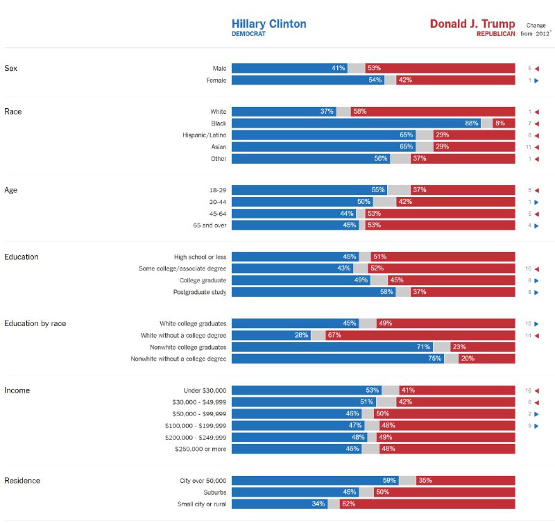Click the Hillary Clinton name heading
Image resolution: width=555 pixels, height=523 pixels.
tap(268, 24)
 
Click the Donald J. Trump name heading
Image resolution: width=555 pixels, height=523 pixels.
tap(472, 24)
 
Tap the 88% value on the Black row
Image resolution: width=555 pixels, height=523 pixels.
tap(472, 123)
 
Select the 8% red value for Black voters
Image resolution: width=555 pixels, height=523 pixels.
tap(499, 123)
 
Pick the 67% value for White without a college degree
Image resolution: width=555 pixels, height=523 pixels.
tap(334, 335)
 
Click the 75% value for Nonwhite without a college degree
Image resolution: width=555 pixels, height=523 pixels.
tap(435, 359)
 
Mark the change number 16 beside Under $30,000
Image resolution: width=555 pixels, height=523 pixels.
tap(528, 391)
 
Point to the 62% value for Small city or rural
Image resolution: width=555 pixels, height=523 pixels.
tap(348, 504)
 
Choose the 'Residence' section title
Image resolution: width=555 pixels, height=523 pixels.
tap(22, 481)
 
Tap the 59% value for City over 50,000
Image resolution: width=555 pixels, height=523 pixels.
tap(390, 480)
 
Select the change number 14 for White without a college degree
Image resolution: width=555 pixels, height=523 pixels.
tap(528, 335)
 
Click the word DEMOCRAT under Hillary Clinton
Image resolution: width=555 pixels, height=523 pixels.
tap(248, 34)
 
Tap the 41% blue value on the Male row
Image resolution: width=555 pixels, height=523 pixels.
tap(339, 68)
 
